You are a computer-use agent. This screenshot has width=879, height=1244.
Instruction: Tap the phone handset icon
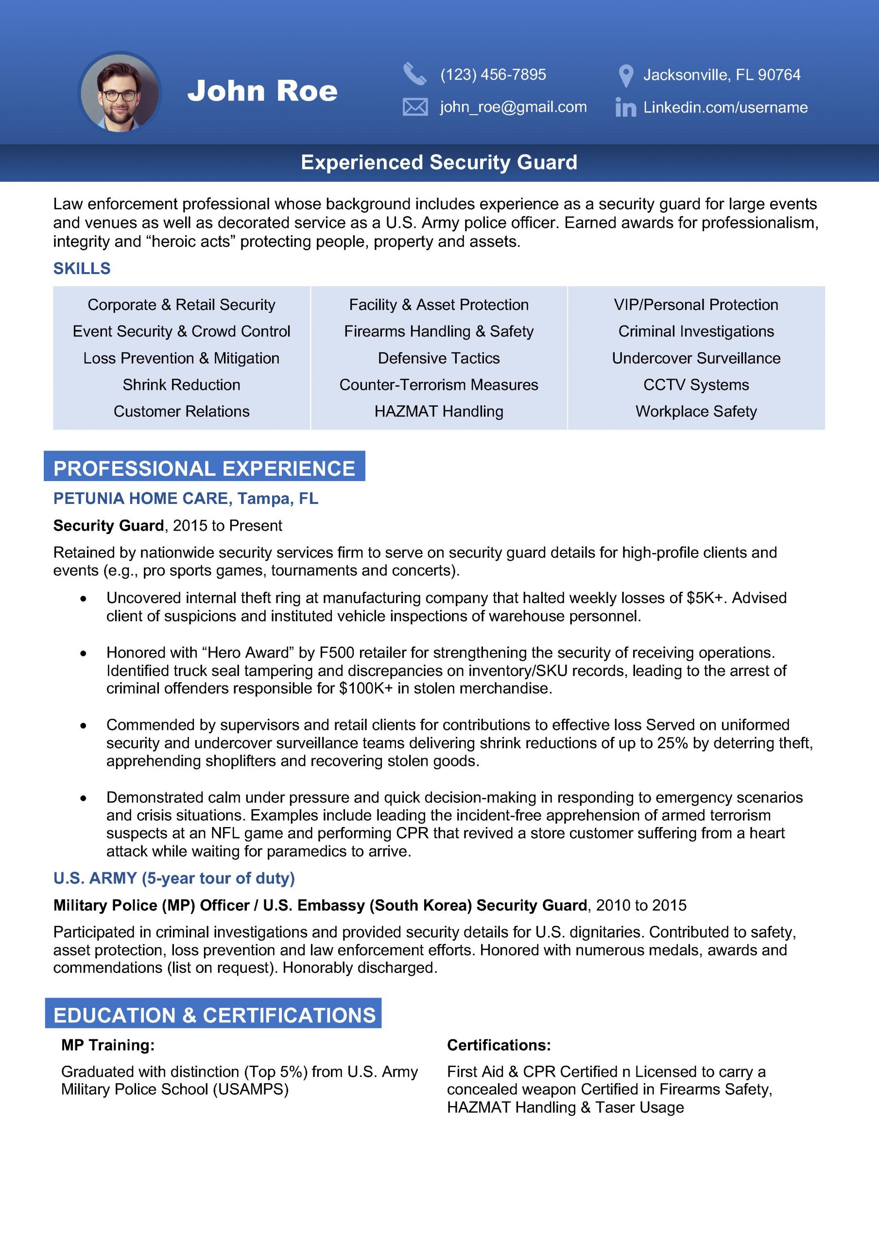414,74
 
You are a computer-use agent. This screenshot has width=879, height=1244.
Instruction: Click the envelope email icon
415,107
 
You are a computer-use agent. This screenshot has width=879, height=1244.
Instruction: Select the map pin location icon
625,75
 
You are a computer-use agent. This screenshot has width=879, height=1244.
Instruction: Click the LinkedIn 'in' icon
625,107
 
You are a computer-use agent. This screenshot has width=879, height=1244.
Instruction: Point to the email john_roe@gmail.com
513,107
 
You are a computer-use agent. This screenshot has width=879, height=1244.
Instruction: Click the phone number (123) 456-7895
493,74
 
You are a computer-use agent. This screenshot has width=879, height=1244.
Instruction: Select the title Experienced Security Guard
439,162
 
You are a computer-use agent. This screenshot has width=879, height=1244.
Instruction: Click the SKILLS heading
82,268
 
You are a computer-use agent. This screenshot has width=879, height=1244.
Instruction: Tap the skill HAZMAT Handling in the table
438,411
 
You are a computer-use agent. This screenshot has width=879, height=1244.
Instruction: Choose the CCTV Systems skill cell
696,385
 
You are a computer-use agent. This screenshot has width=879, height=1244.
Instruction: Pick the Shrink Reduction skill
181,385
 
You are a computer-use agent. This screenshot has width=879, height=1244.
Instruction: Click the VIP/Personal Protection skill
696,305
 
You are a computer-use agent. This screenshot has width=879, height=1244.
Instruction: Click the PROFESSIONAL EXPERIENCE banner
204,468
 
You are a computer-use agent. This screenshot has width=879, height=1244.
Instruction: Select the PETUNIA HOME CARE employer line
185,499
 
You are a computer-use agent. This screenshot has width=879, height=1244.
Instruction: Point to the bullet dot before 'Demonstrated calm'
83,798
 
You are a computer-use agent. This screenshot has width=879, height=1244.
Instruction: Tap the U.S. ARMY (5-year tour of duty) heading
174,878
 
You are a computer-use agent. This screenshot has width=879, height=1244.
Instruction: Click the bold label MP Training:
108,1045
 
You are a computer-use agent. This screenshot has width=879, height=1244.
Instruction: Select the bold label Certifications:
499,1045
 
